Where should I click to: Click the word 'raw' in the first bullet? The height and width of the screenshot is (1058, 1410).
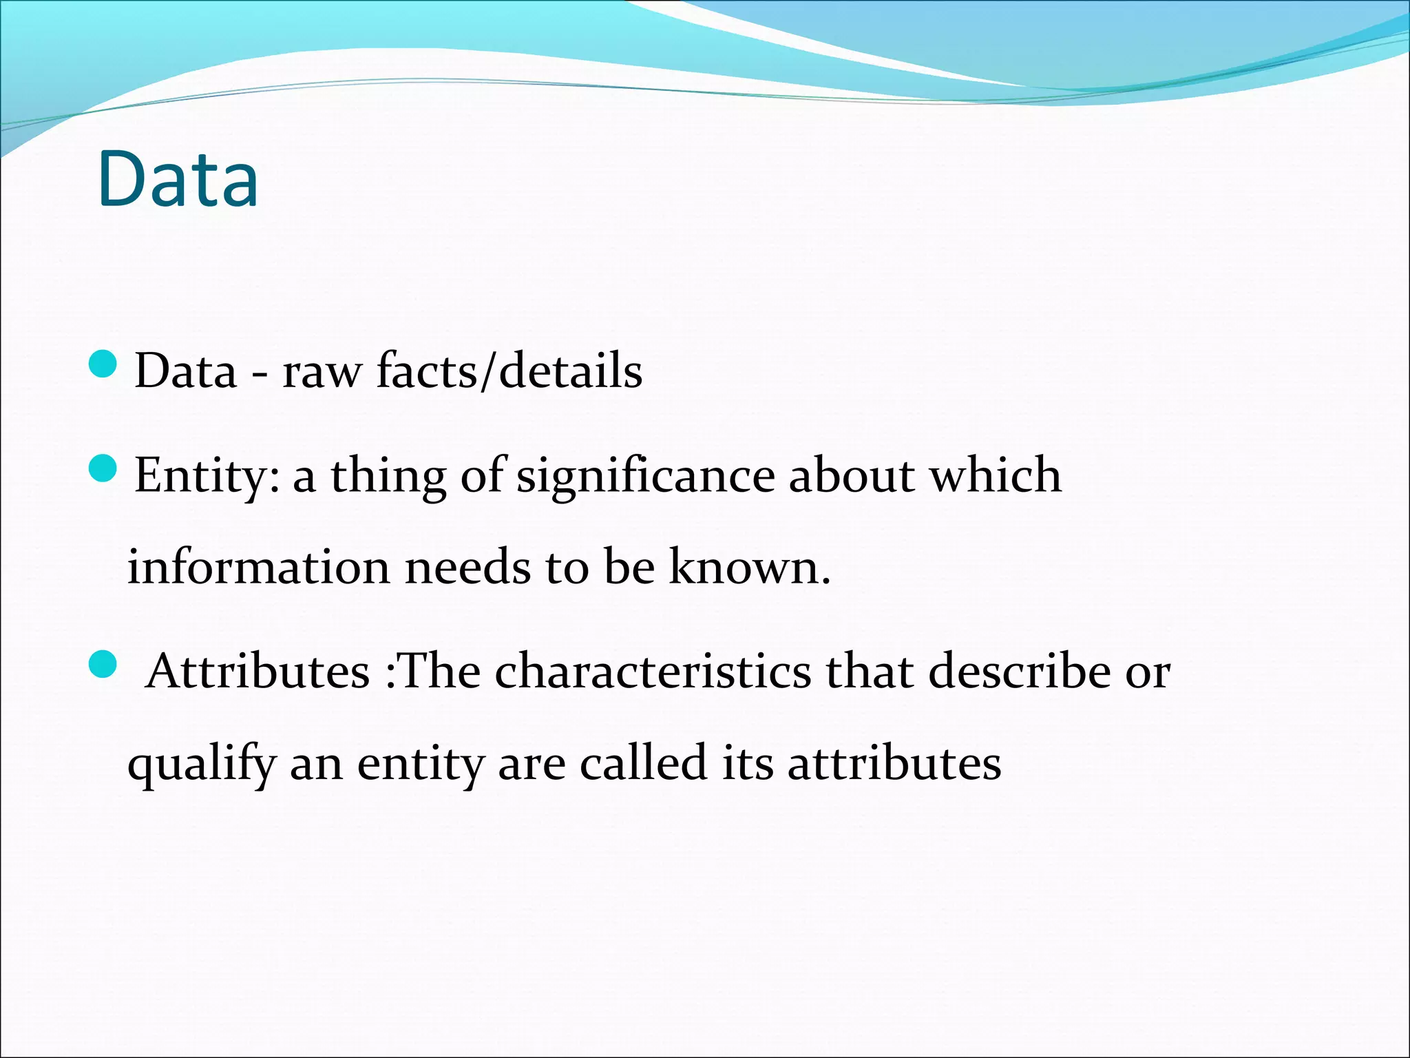click(x=322, y=372)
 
